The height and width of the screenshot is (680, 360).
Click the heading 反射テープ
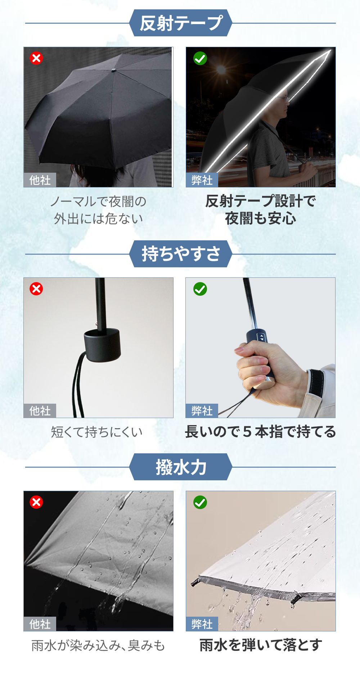click(x=181, y=23)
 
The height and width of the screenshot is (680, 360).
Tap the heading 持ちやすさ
click(x=181, y=254)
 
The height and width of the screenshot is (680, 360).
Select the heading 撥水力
click(x=181, y=467)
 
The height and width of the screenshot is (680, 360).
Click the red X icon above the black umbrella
click(x=36, y=58)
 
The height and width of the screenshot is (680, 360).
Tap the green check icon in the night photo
click(x=200, y=58)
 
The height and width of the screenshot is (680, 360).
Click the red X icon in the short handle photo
click(x=36, y=289)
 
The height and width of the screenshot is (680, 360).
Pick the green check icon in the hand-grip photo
click(x=200, y=289)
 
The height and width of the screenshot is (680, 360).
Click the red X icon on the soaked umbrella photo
click(x=36, y=502)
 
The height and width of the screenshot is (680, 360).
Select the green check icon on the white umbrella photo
click(x=200, y=502)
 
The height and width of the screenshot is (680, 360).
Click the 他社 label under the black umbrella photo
click(x=40, y=180)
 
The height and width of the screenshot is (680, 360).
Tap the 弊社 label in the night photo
click(x=202, y=180)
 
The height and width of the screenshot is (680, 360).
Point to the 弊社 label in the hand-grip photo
click(x=202, y=411)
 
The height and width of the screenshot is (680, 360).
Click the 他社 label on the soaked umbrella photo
click(x=40, y=624)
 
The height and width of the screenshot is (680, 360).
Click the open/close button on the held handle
click(x=262, y=337)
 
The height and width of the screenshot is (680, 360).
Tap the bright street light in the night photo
click(x=221, y=69)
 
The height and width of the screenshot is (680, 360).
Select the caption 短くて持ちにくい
click(x=97, y=432)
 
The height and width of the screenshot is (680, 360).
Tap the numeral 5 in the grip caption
click(x=247, y=432)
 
